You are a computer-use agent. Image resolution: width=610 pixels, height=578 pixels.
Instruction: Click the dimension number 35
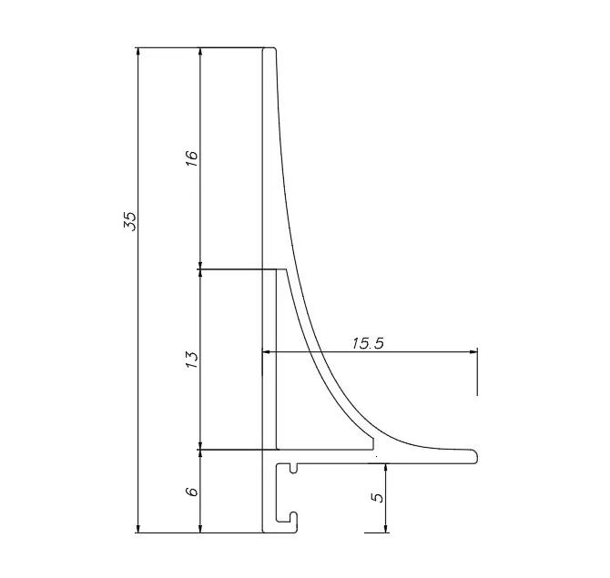130,222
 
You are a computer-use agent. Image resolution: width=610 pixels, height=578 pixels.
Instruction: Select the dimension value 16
192,158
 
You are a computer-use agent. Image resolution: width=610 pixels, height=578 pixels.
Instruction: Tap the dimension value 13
192,360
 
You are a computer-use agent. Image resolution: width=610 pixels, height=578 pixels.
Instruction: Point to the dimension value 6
192,492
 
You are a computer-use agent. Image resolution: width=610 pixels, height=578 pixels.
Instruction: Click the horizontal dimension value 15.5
368,343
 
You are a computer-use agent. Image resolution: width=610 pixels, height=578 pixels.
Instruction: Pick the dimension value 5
378,498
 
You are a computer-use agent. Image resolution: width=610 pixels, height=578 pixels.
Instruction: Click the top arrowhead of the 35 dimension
137,52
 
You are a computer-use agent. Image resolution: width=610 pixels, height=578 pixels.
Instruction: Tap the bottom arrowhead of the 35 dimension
137,528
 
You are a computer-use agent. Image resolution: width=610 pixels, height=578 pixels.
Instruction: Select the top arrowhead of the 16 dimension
200,52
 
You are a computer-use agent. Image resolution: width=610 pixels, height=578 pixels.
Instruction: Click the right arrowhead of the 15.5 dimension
473,352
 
